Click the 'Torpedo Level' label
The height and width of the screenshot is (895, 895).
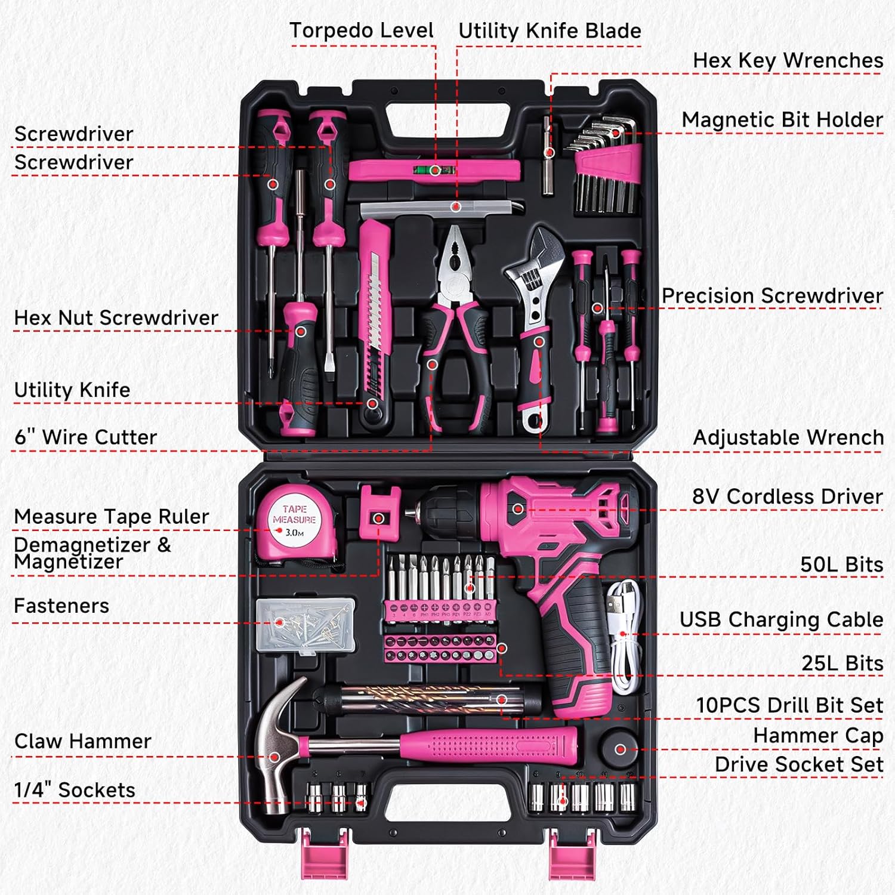coord(361,30)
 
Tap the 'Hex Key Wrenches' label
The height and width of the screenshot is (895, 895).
coord(788,60)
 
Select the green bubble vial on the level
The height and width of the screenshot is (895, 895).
coord(435,170)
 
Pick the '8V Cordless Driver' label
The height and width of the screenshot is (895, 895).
coord(787,496)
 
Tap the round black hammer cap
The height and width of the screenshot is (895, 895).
coord(619,749)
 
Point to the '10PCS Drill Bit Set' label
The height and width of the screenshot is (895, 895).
coord(789,705)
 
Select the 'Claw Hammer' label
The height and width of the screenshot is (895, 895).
coord(83,741)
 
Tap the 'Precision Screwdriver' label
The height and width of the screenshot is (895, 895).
coord(772,296)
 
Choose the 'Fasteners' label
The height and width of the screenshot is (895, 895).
coord(61,606)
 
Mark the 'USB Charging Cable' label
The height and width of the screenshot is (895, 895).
coord(781,620)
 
